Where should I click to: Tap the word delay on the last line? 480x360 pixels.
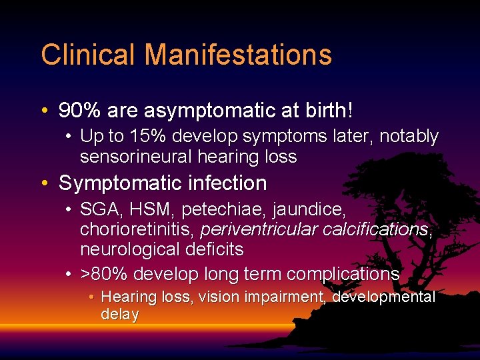point(119,314)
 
